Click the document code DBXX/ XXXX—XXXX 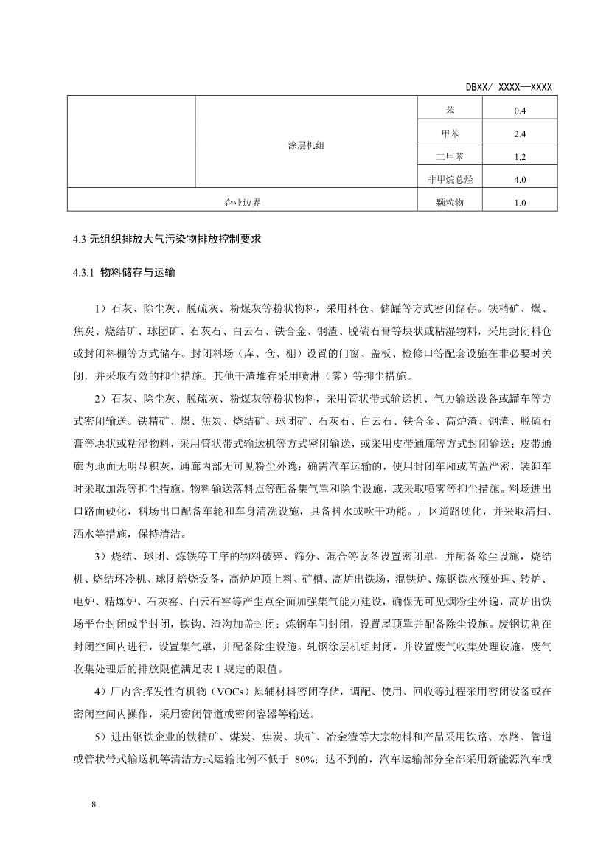tap(509, 87)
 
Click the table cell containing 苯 tap(449, 111)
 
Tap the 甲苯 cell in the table tap(449, 133)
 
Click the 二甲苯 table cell tap(449, 156)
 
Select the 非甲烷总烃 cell tap(449, 179)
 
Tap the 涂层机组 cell tap(305, 145)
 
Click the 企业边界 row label tap(243, 202)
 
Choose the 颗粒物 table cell tap(449, 202)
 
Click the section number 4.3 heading tap(76, 239)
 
